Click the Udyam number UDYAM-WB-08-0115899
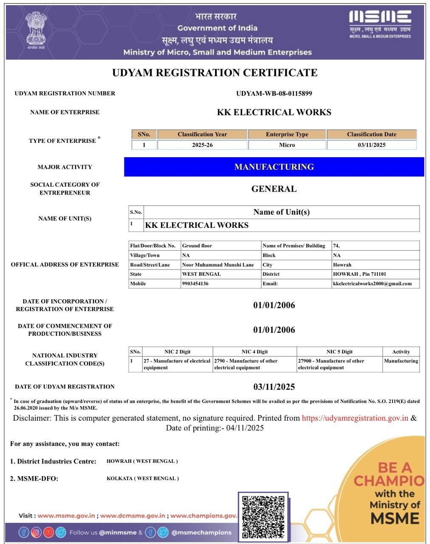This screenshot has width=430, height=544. click(274, 93)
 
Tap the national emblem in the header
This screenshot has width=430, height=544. click(36, 30)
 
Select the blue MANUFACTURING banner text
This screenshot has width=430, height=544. click(274, 167)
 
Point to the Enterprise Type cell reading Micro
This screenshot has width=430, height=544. click(287, 145)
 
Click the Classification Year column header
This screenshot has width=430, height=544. click(202, 134)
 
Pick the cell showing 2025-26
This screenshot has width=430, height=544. click(202, 145)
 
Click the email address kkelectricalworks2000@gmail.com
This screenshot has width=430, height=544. click(372, 283)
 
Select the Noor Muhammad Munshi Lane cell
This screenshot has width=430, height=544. click(218, 265)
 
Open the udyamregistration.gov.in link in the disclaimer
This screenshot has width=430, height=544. click(355, 418)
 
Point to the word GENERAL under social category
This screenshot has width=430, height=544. click(274, 189)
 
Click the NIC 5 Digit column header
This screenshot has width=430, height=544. click(339, 352)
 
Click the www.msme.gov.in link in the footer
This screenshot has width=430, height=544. click(66, 516)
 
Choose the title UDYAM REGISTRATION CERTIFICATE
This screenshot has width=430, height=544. click(215, 73)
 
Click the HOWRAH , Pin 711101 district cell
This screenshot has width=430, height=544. click(359, 274)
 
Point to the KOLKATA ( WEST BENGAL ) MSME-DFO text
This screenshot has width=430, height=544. click(143, 479)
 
